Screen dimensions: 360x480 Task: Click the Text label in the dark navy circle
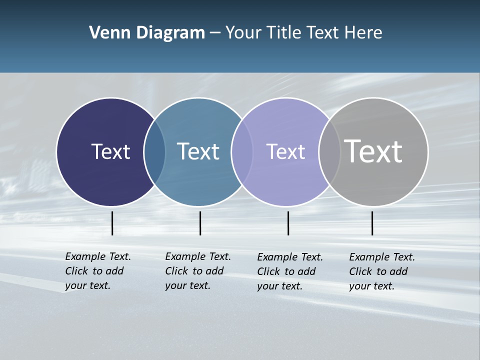pyautogui.click(x=110, y=151)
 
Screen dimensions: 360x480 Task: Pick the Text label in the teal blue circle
pyautogui.click(x=198, y=151)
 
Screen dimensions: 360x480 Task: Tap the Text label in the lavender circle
pyautogui.click(x=285, y=151)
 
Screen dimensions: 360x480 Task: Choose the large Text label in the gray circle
pyautogui.click(x=373, y=151)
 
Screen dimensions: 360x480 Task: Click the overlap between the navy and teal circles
pyautogui.click(x=154, y=151)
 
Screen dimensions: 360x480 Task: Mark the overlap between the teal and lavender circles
pyautogui.click(x=241, y=151)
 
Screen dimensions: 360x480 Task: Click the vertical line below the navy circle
pyautogui.click(x=112, y=223)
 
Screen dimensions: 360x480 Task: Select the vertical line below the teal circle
pyautogui.click(x=200, y=223)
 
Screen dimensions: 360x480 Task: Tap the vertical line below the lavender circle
pyautogui.click(x=288, y=223)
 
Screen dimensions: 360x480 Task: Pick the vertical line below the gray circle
pyautogui.click(x=372, y=223)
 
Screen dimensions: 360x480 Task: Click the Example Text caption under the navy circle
pyautogui.click(x=98, y=271)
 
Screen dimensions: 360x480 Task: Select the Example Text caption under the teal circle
pyautogui.click(x=198, y=271)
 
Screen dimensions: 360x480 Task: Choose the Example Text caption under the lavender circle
pyautogui.click(x=290, y=271)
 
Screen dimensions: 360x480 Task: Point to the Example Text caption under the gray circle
pyautogui.click(x=382, y=271)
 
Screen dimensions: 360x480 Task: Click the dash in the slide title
pyautogui.click(x=215, y=33)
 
